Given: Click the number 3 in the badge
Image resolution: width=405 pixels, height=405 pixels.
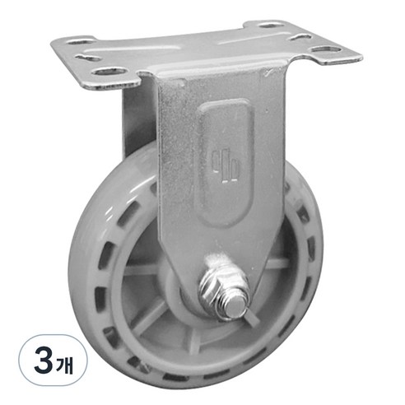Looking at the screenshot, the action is (x=44, y=362).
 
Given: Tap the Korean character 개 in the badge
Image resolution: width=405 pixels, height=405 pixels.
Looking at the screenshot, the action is (x=65, y=364).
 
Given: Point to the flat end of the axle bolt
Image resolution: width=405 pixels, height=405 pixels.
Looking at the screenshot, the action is (x=236, y=306).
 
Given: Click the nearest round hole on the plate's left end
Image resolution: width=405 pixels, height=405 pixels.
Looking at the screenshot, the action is (x=109, y=72).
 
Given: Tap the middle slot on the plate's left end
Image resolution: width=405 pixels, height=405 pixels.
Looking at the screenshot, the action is (x=88, y=58).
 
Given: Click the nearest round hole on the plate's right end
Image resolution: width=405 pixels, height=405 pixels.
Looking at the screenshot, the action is (x=326, y=49).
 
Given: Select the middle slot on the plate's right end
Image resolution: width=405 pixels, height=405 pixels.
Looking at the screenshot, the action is (x=300, y=37).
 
